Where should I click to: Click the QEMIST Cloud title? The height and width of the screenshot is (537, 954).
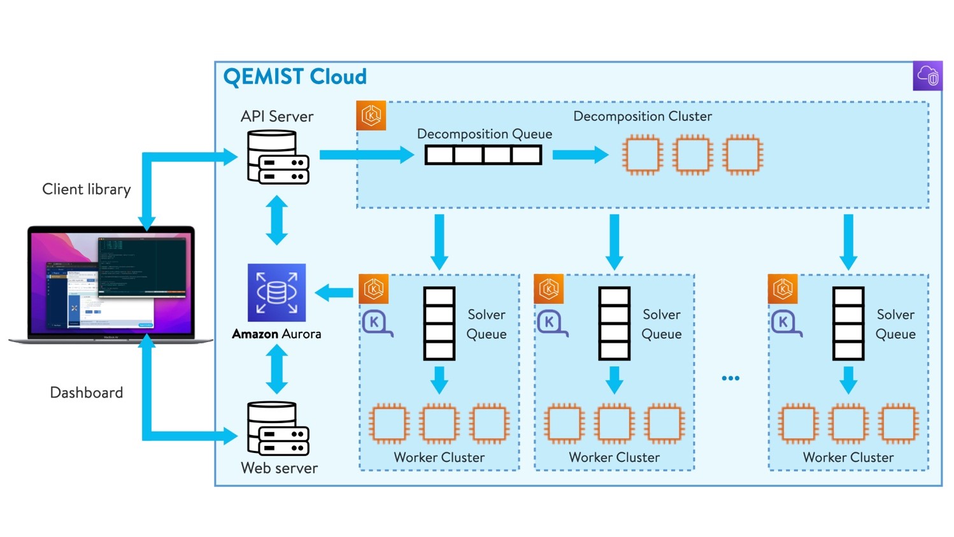[295, 77]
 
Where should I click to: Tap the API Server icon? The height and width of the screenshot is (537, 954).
[278, 157]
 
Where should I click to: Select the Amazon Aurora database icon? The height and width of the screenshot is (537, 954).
[276, 292]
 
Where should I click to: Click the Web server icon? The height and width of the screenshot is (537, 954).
[278, 429]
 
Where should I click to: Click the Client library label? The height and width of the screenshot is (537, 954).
[87, 189]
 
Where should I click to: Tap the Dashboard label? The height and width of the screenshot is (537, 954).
[87, 392]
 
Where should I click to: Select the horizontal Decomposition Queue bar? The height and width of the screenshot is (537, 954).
[483, 155]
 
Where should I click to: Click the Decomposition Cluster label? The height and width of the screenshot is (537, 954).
[642, 116]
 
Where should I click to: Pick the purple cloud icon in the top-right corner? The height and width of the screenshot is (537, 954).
[927, 76]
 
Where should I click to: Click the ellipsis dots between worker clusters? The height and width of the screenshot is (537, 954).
[730, 378]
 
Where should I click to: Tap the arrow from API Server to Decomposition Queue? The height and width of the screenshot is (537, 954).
[366, 155]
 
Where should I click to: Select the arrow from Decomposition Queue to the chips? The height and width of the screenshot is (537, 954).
[580, 155]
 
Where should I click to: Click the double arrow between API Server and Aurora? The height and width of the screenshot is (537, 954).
[276, 220]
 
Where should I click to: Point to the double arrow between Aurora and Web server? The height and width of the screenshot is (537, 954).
[276, 369]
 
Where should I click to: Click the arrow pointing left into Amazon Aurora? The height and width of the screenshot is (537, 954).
[334, 293]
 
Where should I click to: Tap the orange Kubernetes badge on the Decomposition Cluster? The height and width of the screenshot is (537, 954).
[371, 116]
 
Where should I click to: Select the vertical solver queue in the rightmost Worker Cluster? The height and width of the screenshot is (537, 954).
[848, 324]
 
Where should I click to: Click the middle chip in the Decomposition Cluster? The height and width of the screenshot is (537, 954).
[692, 155]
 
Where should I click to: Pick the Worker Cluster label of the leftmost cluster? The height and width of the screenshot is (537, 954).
[439, 457]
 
